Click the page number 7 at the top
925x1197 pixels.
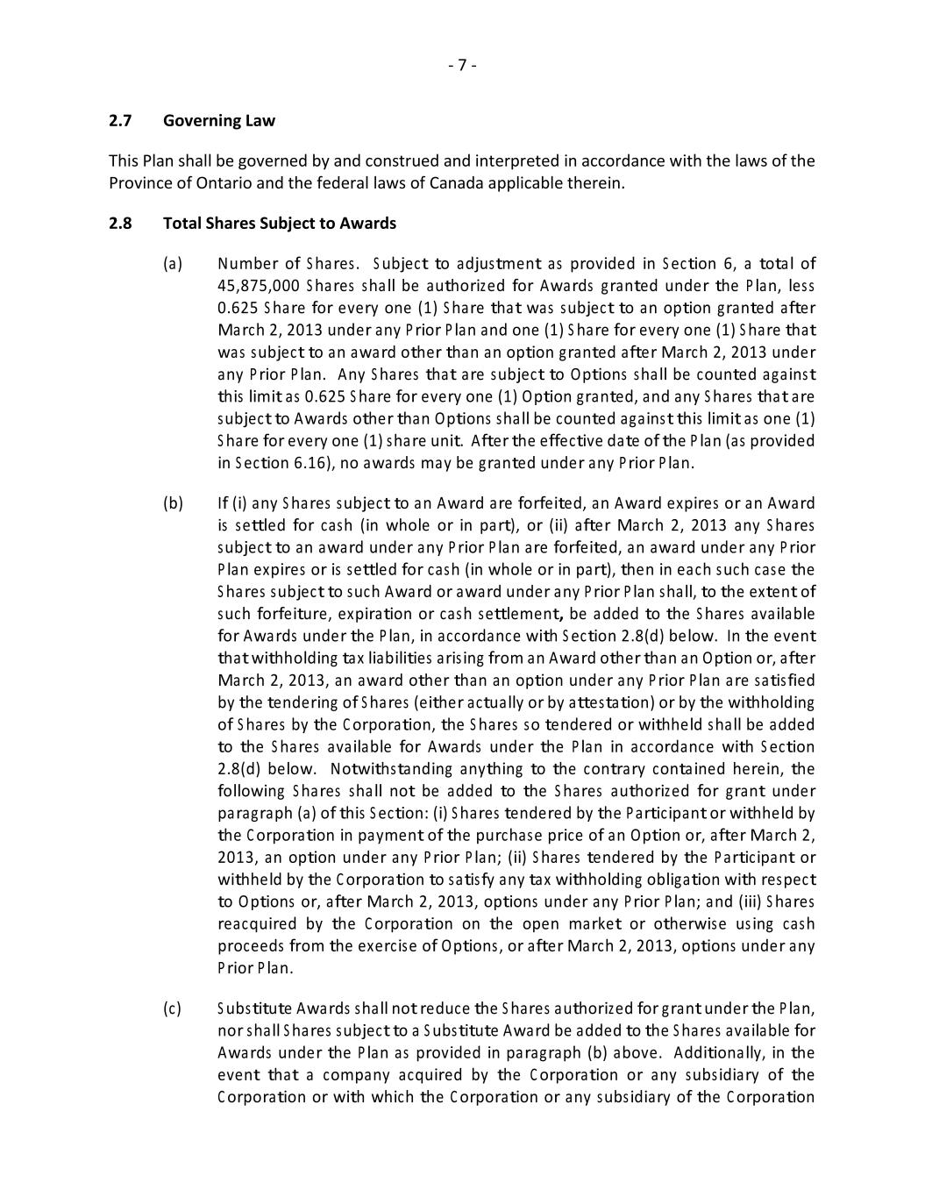[x=462, y=65]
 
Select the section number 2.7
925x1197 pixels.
[x=120, y=120]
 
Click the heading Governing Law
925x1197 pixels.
[x=219, y=120]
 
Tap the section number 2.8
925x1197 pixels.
[x=120, y=223]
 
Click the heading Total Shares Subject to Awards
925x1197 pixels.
[x=280, y=223]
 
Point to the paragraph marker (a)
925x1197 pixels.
[x=173, y=263]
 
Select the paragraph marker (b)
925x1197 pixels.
[x=173, y=503]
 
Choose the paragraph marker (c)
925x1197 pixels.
[x=173, y=1008]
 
